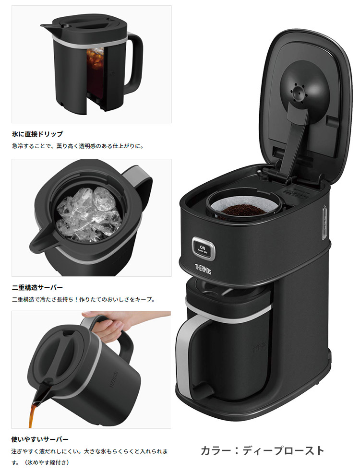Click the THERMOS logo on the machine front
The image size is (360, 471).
203,269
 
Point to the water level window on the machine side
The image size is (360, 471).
324,223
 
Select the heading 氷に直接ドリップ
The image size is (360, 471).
37,134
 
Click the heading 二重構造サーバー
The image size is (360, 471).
37,287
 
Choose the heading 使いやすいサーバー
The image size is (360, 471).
40,439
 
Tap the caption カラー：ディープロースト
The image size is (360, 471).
262,450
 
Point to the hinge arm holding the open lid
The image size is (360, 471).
296,141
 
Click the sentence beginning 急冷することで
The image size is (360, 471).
78,146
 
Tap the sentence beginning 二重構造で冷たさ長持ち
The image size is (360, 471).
83,299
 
